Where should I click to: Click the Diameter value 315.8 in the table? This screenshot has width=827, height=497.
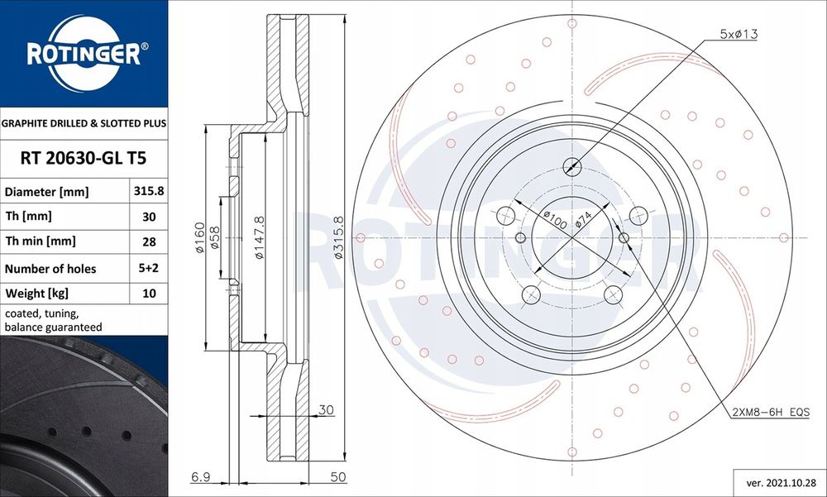[149, 191]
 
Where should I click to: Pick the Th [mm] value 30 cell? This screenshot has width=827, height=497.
[149, 217]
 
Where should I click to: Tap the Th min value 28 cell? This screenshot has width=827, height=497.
[149, 242]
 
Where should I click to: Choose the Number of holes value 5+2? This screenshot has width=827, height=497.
[149, 268]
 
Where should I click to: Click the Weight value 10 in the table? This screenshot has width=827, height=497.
[149, 294]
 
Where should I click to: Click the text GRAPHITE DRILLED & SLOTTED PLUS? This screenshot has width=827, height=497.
[84, 122]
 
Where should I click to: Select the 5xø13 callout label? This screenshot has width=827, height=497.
[738, 34]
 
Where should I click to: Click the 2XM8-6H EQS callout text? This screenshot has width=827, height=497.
[770, 411]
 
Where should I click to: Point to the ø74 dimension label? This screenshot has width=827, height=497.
[582, 220]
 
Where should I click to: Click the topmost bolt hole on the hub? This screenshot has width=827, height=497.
[571, 166]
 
